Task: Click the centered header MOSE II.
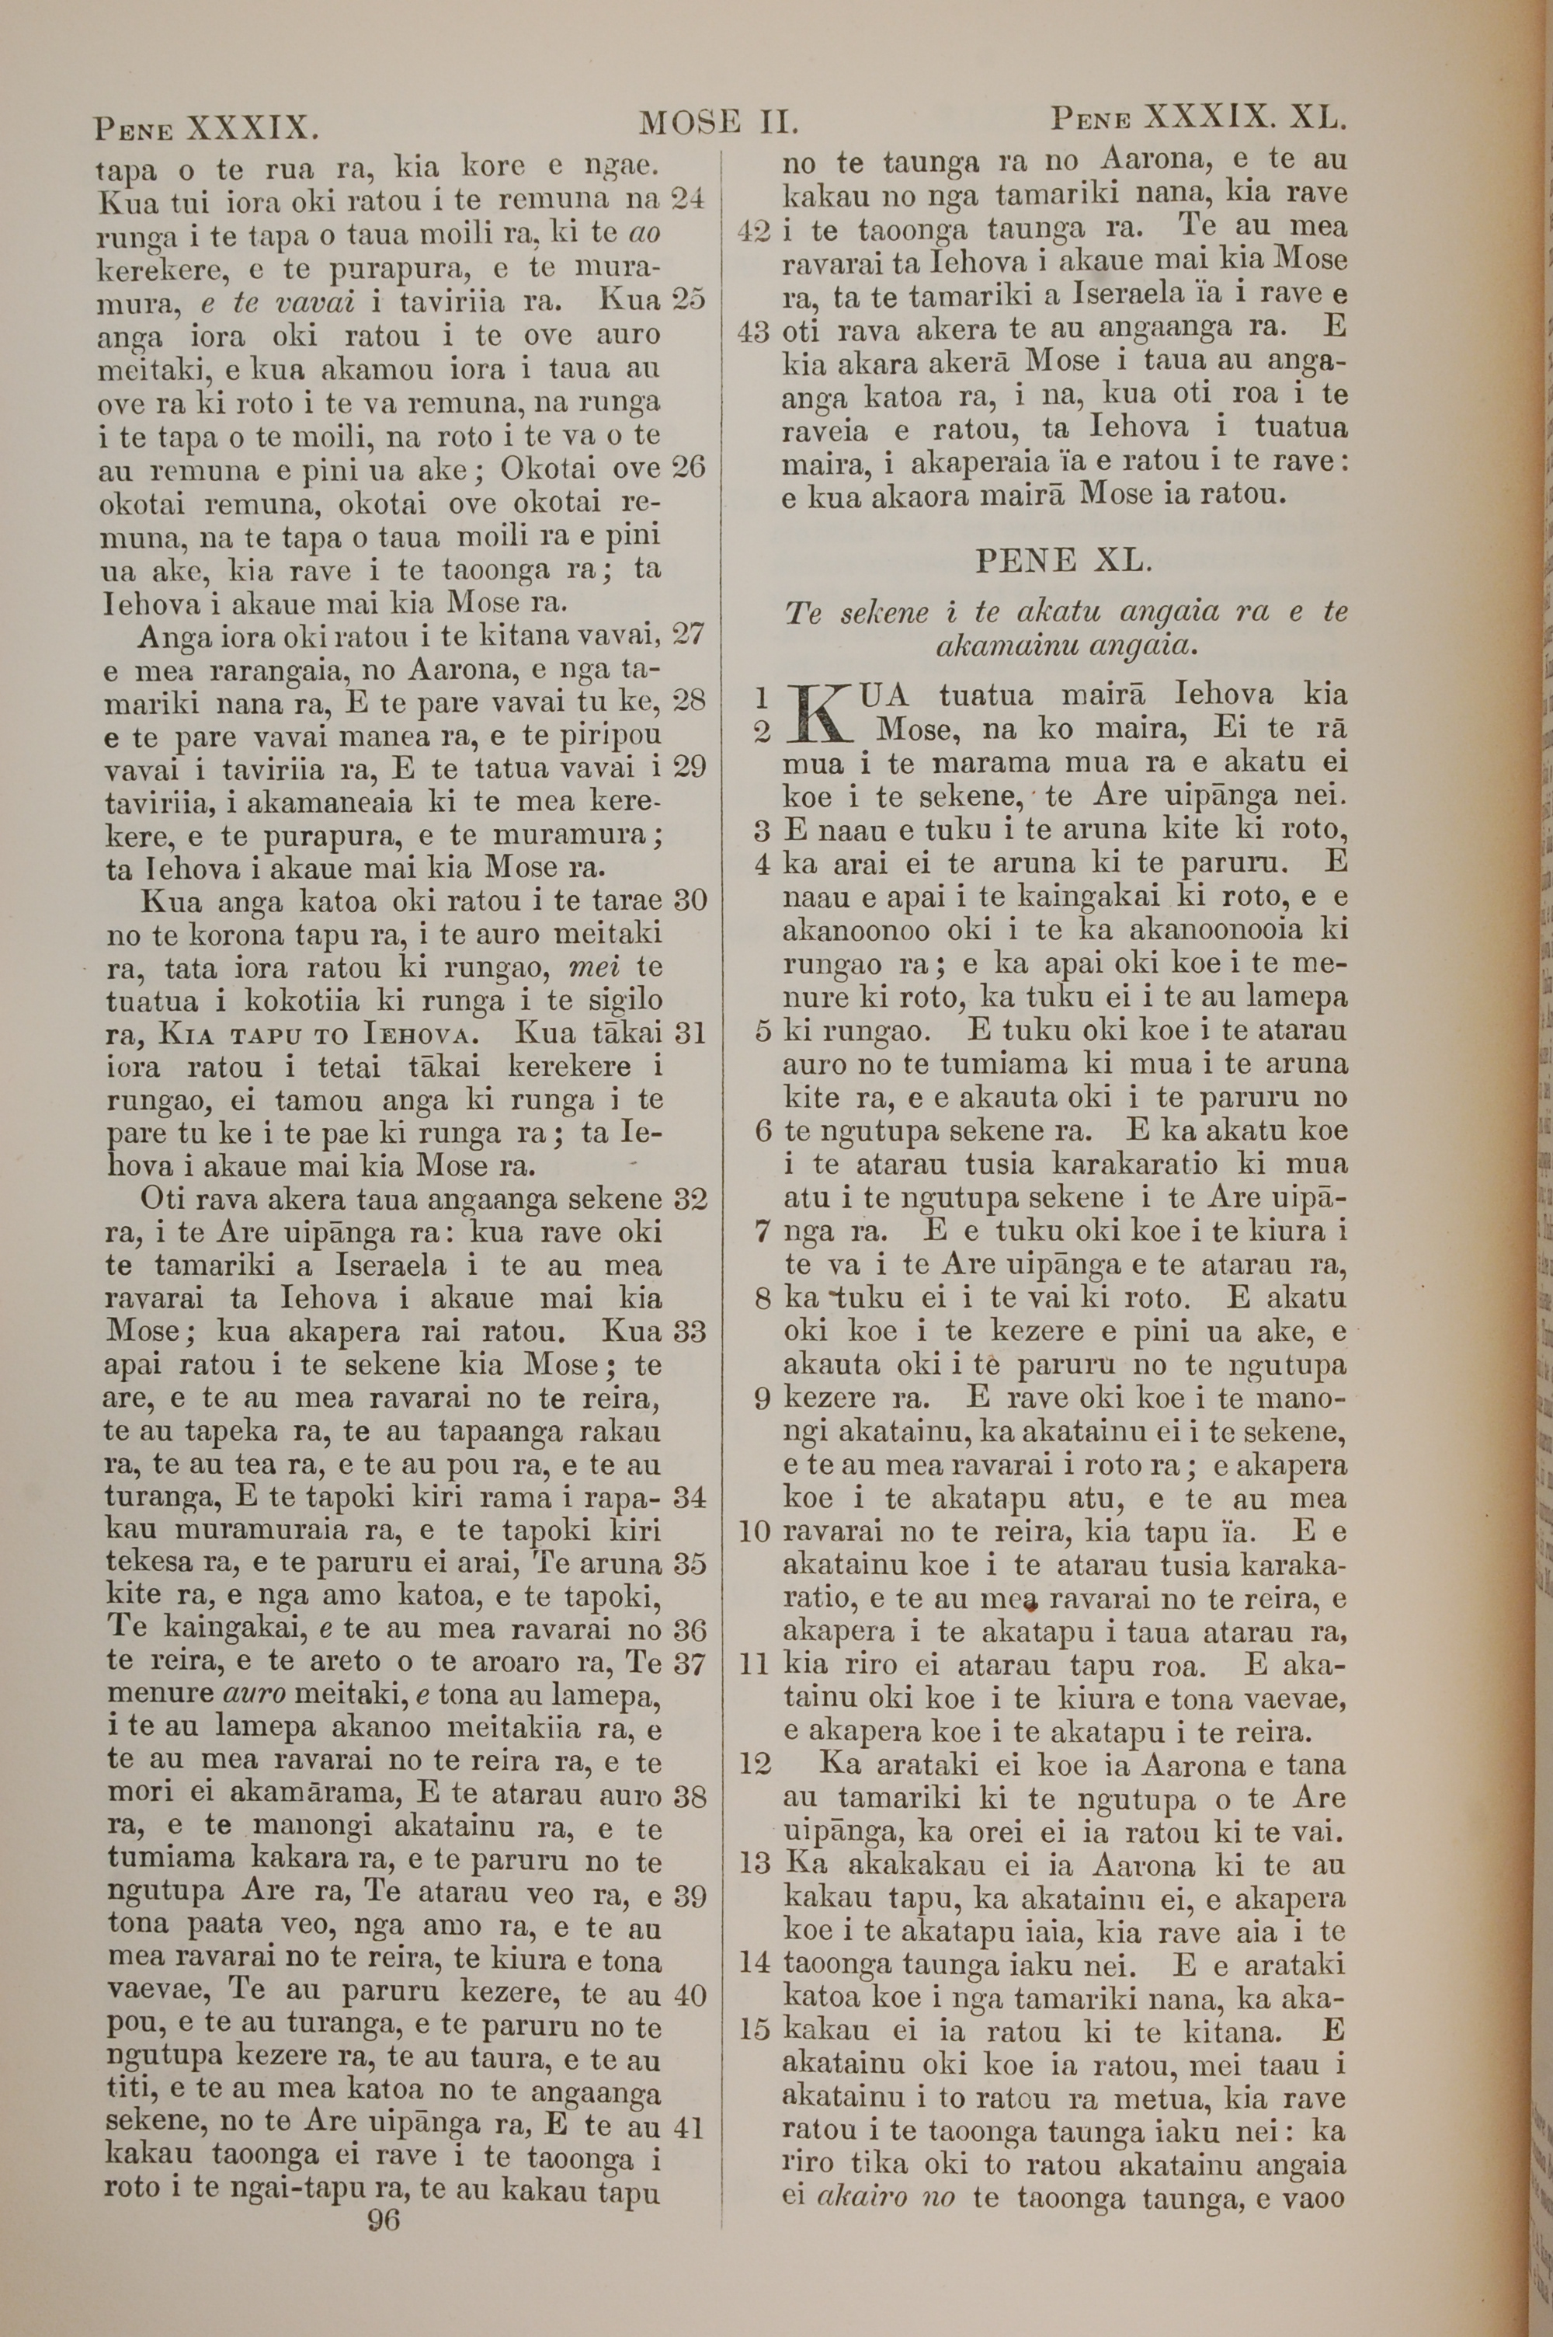tap(719, 124)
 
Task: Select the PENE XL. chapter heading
tap(1064, 562)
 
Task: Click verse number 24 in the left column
tap(687, 198)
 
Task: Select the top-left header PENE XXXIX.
tap(206, 129)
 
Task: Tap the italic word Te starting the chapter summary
tap(802, 613)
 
